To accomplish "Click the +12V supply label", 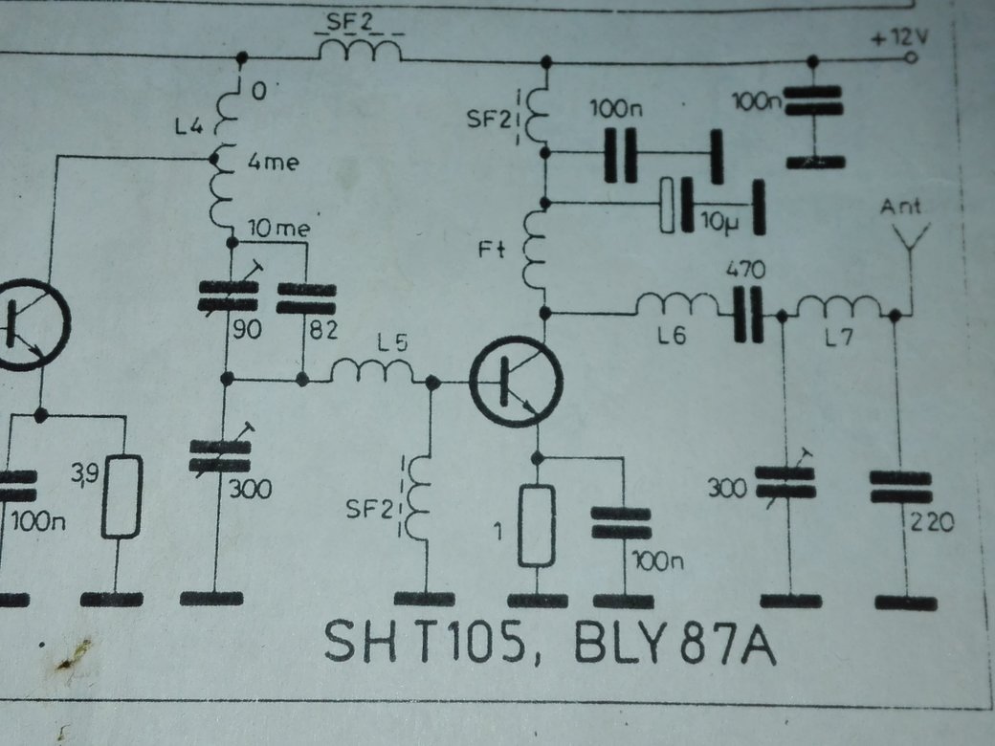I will [x=899, y=39].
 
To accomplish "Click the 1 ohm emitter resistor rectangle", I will [x=537, y=524].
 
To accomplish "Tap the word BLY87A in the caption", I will [x=674, y=642].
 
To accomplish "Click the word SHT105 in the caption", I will [x=426, y=642].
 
